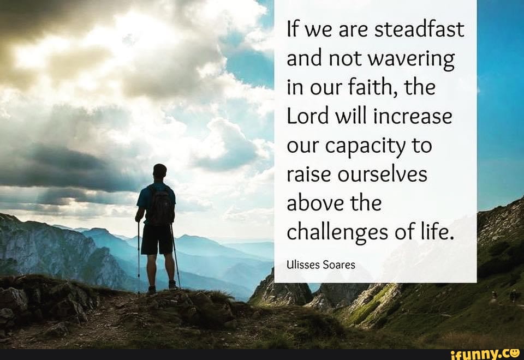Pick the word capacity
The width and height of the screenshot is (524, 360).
(372, 147)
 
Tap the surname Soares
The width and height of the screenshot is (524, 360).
(338, 265)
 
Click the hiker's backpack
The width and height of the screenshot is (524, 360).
(160, 206)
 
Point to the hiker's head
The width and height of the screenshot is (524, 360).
(159, 171)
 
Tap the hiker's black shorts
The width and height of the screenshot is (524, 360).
(157, 239)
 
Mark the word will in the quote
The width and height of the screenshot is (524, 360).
(349, 117)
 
